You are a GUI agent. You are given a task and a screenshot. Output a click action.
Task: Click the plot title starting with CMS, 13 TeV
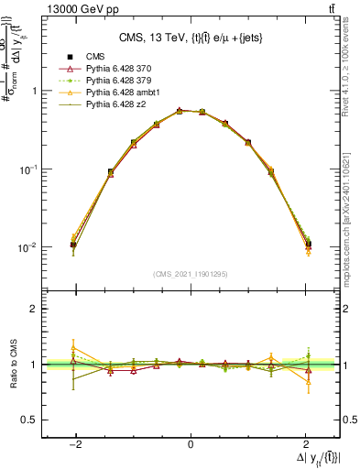(x=190, y=38)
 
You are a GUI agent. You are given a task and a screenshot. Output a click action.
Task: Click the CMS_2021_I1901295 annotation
(x=191, y=273)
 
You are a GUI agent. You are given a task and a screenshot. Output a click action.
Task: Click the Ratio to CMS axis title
(x=10, y=365)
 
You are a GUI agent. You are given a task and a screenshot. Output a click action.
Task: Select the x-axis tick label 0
(x=191, y=443)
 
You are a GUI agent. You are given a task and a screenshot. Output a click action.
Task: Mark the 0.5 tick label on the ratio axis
(x=28, y=420)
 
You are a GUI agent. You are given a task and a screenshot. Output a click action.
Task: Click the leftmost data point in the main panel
(x=73, y=245)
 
